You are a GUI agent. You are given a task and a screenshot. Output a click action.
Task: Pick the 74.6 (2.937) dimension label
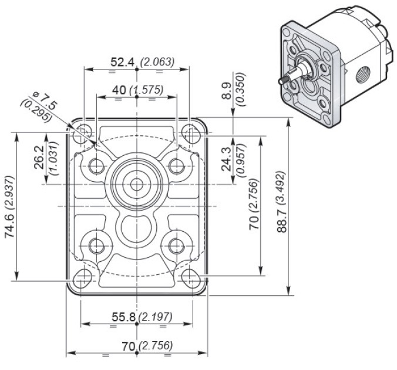(x=10, y=206)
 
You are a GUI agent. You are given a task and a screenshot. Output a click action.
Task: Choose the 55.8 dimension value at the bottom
(x=123, y=317)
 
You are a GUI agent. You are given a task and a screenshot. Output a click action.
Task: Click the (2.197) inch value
(x=155, y=317)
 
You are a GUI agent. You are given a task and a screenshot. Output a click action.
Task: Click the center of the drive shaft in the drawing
(x=136, y=184)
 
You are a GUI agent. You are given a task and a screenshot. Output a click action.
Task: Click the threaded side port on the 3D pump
(x=364, y=74)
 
